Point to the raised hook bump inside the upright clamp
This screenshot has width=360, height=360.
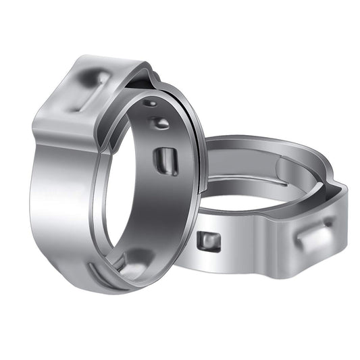[x=160, y=123]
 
